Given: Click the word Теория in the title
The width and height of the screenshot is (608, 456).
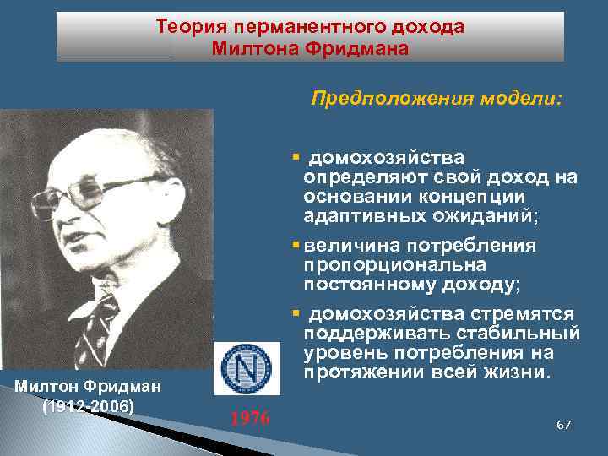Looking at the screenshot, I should click(186, 27).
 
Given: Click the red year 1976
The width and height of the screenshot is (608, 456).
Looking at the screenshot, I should click(250, 418).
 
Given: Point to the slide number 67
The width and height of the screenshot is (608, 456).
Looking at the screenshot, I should click(564, 423).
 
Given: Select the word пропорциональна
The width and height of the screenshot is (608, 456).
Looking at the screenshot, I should click(379, 264).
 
